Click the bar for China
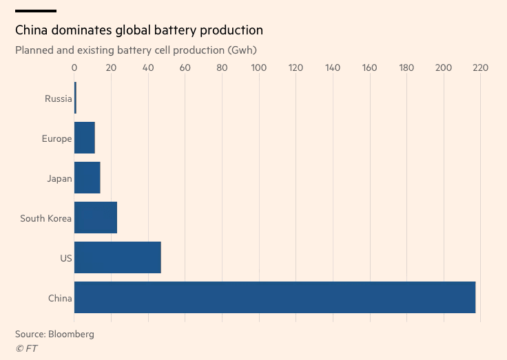coord(274,297)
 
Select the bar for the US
coord(117,257)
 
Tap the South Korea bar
coord(95,218)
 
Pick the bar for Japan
coord(87,178)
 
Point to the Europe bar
coord(84,138)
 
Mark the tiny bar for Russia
coord(75,98)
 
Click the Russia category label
coord(58,98)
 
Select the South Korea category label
coord(45,218)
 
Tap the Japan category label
coord(59,178)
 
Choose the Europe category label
coord(56,138)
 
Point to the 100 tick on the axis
coord(259,68)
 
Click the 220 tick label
coord(480,68)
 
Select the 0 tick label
coord(74,68)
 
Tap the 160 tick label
coord(370,68)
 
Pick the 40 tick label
coord(148,68)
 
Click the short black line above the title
coord(35,11)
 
